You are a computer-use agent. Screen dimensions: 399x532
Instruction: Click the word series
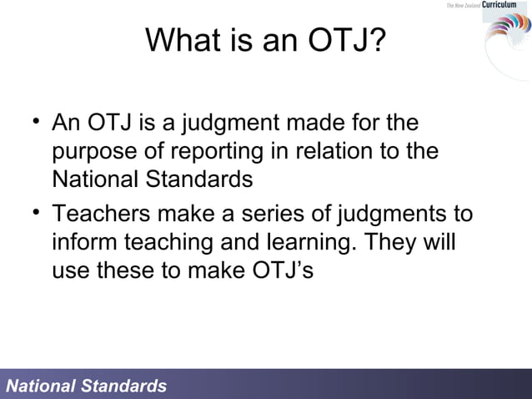[x=292, y=215]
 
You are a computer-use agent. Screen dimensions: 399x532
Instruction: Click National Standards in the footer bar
[x=87, y=386]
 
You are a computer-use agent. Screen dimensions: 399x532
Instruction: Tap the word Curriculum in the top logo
[x=504, y=6]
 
